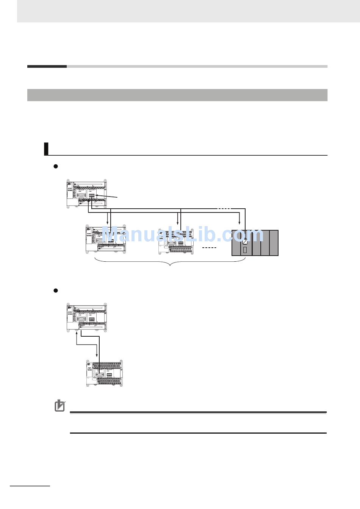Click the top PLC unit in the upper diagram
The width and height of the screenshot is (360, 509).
point(87,194)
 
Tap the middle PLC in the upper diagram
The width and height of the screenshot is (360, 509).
point(176,241)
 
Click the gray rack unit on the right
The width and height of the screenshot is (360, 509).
point(255,243)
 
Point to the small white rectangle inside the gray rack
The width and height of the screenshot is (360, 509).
point(245,250)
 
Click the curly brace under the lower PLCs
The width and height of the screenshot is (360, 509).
point(170,262)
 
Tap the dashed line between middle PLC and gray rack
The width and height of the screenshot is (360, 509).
point(209,248)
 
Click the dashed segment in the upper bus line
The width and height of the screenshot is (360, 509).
point(224,209)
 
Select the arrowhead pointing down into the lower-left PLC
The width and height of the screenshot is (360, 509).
point(108,223)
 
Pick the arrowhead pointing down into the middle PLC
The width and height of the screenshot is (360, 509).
point(178,223)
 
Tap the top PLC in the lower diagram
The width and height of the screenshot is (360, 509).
point(87,317)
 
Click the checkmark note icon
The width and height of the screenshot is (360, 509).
point(60,406)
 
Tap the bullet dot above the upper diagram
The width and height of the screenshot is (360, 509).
point(55,166)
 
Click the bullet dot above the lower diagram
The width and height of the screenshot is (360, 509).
point(55,290)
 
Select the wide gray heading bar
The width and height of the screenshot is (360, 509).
point(177,95)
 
